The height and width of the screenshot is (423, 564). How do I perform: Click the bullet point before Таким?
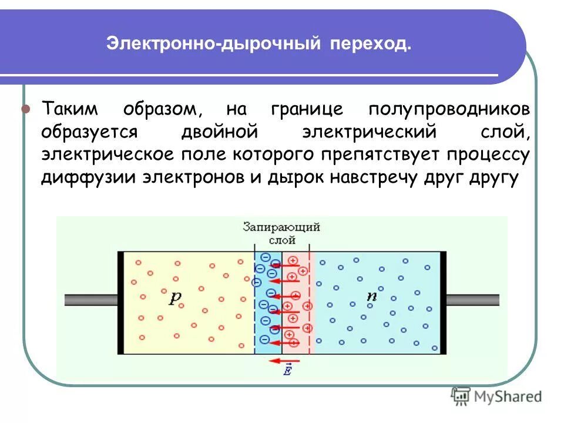26,110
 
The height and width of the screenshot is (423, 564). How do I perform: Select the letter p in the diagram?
176,297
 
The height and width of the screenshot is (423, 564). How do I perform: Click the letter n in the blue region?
371,296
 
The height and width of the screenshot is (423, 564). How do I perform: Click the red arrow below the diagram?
286,361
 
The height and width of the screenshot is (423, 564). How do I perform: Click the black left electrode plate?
121,303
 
